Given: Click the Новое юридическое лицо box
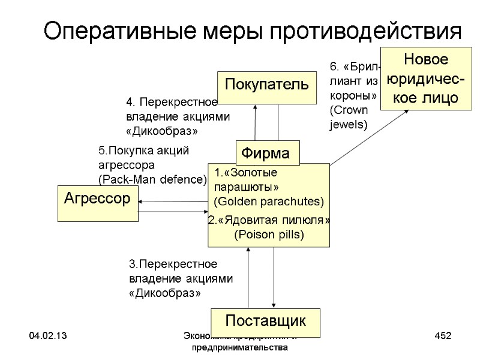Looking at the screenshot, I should (x=426, y=79).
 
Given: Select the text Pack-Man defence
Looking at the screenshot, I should (x=152, y=179).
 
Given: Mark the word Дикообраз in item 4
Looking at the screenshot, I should (x=162, y=130).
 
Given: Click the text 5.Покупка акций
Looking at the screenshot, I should (x=143, y=150).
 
